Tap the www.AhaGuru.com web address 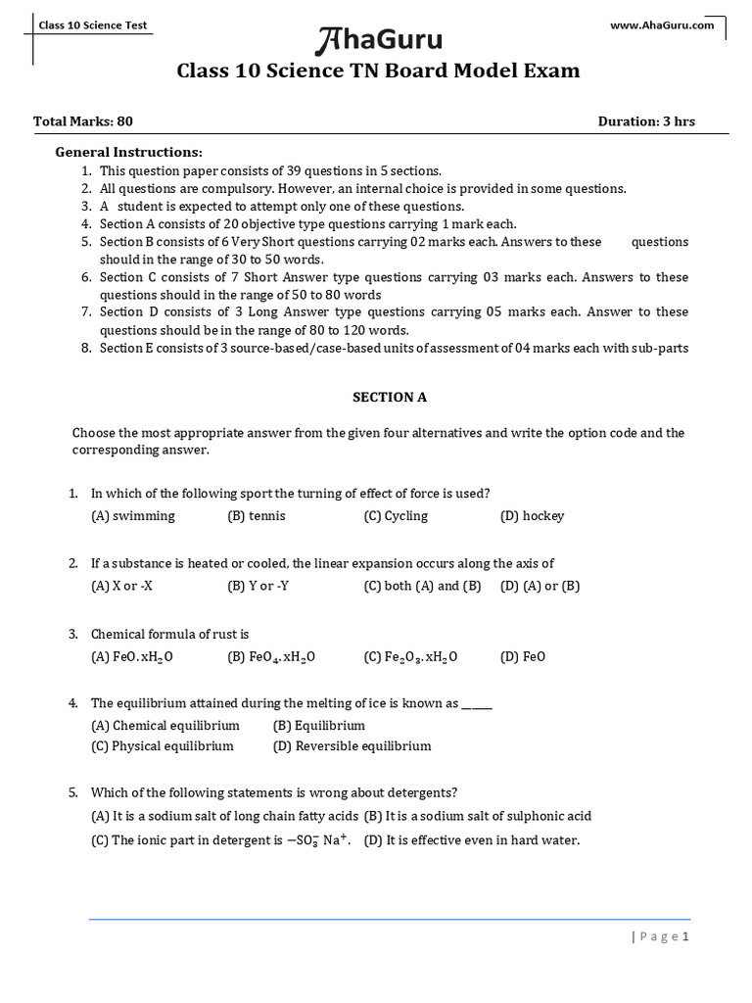[x=663, y=25]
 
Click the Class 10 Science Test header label [x=93, y=25]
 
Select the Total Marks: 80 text [x=83, y=121]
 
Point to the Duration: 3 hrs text [x=646, y=121]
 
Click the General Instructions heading [x=128, y=152]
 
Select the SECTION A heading [x=390, y=397]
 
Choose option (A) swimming [x=133, y=515]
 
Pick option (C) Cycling [x=396, y=515]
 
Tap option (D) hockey [x=532, y=515]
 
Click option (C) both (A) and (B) [x=422, y=586]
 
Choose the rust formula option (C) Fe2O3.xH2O [x=410, y=656]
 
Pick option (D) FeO [x=523, y=656]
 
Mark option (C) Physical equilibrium [x=163, y=745]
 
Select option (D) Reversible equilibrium [x=352, y=745]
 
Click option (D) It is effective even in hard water [x=472, y=839]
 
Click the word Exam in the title [x=551, y=71]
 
